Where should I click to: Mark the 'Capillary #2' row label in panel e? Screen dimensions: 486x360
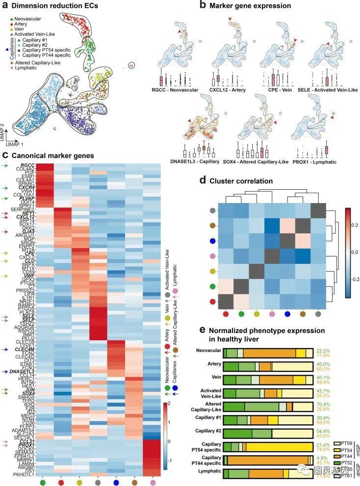pos(208,432)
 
